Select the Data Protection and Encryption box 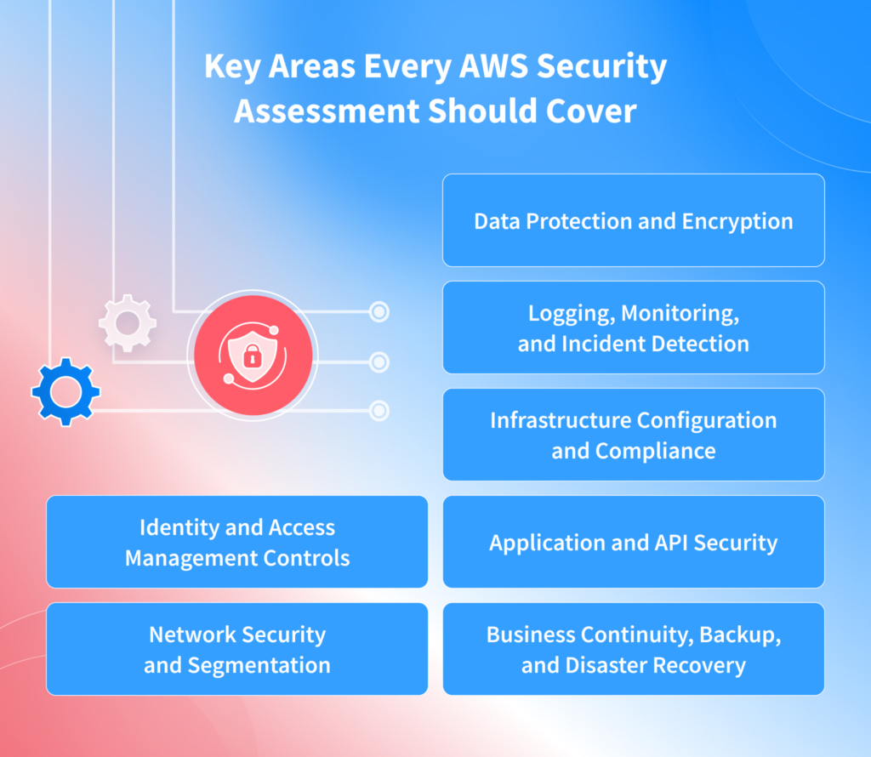coord(633,220)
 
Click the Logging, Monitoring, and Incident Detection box coord(633,327)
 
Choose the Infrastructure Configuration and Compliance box coord(633,435)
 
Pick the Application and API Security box coord(633,542)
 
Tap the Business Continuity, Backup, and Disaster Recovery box coord(633,649)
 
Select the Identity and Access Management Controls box coord(236,542)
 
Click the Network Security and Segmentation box coord(236,649)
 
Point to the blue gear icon coord(65,391)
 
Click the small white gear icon coord(128,323)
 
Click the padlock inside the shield coord(251,359)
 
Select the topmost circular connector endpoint coord(379,312)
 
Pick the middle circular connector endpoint coord(379,362)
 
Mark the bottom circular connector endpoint coord(379,411)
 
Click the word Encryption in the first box coord(737,221)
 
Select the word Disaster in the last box coord(604,665)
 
